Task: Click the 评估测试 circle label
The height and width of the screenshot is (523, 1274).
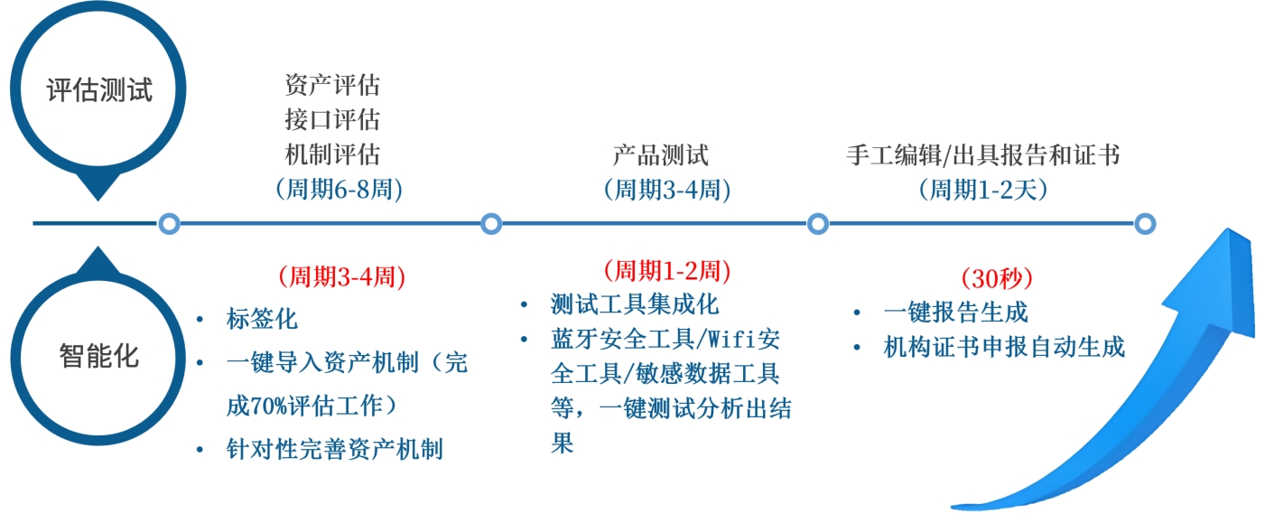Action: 99,90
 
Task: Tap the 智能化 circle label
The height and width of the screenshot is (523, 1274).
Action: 99,355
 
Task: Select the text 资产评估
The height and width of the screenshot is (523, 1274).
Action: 332,86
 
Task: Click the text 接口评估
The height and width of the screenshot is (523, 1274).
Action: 332,119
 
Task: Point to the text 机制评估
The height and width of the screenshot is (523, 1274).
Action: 332,154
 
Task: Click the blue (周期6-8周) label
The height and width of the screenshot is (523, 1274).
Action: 338,190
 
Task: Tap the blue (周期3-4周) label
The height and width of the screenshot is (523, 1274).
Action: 666,190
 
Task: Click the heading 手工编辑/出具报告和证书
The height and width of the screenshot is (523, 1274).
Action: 983,155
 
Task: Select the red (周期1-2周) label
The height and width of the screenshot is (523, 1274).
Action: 666,270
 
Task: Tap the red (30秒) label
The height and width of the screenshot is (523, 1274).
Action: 996,277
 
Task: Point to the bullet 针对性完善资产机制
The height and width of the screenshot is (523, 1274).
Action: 335,449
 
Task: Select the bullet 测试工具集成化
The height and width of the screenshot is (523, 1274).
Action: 635,304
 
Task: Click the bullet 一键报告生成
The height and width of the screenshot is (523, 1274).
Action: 956,313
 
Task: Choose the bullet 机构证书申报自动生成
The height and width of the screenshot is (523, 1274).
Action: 1005,347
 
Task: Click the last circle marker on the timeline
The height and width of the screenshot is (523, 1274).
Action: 1145,223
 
